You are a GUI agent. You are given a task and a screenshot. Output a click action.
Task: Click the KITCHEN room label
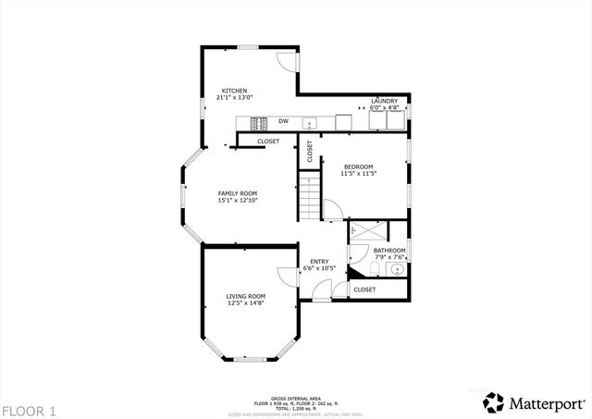coord(233,90)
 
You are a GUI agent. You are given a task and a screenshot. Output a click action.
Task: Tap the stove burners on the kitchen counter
coord(258,121)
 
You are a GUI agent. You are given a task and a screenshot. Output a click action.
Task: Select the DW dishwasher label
coord(283,121)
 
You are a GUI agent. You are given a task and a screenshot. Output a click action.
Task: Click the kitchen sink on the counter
coord(312,121)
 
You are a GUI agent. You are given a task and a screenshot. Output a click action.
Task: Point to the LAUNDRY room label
coord(384,100)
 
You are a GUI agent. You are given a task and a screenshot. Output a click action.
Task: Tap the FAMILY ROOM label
coord(237,192)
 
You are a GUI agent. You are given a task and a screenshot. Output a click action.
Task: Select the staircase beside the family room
coord(309,196)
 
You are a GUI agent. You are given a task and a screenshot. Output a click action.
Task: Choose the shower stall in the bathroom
coord(367,230)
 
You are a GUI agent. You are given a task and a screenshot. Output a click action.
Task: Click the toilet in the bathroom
coord(370,268)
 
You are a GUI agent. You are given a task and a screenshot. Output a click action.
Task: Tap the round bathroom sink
coord(397,270)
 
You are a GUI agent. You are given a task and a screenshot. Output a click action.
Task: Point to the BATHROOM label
coord(389,250)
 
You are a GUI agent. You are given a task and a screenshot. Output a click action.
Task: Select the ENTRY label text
coord(319,261)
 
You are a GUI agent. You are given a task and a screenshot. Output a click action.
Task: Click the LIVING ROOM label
coord(245,296)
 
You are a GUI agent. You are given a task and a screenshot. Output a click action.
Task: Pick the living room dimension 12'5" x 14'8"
coord(245,303)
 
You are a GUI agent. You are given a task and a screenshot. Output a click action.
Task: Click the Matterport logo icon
coord(495,402)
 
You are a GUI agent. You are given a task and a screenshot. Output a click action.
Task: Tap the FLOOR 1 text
coord(29,410)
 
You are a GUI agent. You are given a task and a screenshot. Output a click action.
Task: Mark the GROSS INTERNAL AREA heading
coord(296,395)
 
